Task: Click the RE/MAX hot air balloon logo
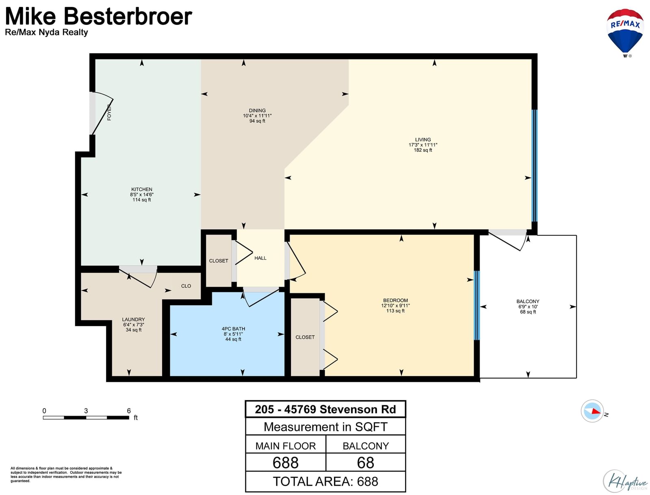(624, 33)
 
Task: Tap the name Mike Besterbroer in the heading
(99, 16)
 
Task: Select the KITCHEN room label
(141, 189)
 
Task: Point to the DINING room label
(257, 110)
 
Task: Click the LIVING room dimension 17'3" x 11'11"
(422, 145)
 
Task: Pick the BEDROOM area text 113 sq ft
(395, 311)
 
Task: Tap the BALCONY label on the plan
(528, 301)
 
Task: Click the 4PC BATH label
(233, 329)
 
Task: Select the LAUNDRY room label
(133, 319)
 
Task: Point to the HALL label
(260, 258)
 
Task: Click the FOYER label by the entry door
(109, 112)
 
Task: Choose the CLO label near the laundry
(186, 286)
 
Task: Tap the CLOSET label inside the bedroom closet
(305, 337)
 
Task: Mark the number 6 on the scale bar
(128, 411)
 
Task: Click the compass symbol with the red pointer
(592, 411)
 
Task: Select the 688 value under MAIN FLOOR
(285, 462)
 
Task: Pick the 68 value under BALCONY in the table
(365, 462)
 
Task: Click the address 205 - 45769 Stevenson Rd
(325, 409)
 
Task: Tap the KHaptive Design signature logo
(625, 481)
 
